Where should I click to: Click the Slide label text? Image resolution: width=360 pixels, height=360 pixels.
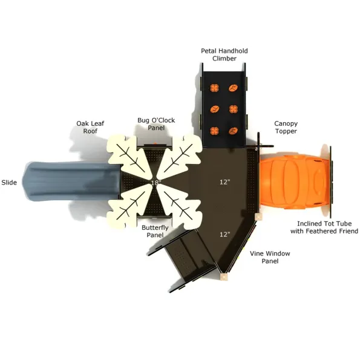point(9,183)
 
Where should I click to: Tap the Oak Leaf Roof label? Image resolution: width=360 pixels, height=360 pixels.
point(90,127)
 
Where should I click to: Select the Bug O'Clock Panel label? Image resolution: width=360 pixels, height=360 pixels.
point(156,124)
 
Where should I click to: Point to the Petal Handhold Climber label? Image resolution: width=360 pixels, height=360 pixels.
point(224,54)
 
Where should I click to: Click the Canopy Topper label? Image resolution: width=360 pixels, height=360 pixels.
point(286,128)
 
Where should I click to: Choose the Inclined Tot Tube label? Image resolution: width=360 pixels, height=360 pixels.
point(324,227)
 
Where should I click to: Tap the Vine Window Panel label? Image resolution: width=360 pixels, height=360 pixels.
point(270,257)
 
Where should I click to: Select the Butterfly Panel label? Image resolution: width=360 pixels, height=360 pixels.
point(155,231)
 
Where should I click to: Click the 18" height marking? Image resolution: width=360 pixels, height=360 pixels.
point(156,183)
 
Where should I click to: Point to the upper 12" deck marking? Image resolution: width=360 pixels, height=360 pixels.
point(224,182)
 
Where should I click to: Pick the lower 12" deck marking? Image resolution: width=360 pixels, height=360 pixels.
point(224,234)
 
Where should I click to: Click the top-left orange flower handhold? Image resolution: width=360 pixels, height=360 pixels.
point(214,88)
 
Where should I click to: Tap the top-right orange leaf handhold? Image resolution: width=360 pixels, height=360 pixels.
point(233,88)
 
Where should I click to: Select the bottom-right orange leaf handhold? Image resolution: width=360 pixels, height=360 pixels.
point(233,131)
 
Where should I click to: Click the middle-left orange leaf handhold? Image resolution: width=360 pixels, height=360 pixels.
point(215,109)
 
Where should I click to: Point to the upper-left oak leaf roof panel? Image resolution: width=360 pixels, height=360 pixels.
point(128,156)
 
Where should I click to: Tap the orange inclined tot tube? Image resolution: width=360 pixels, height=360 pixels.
point(295,182)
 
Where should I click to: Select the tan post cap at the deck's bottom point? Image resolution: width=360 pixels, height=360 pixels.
point(224,277)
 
